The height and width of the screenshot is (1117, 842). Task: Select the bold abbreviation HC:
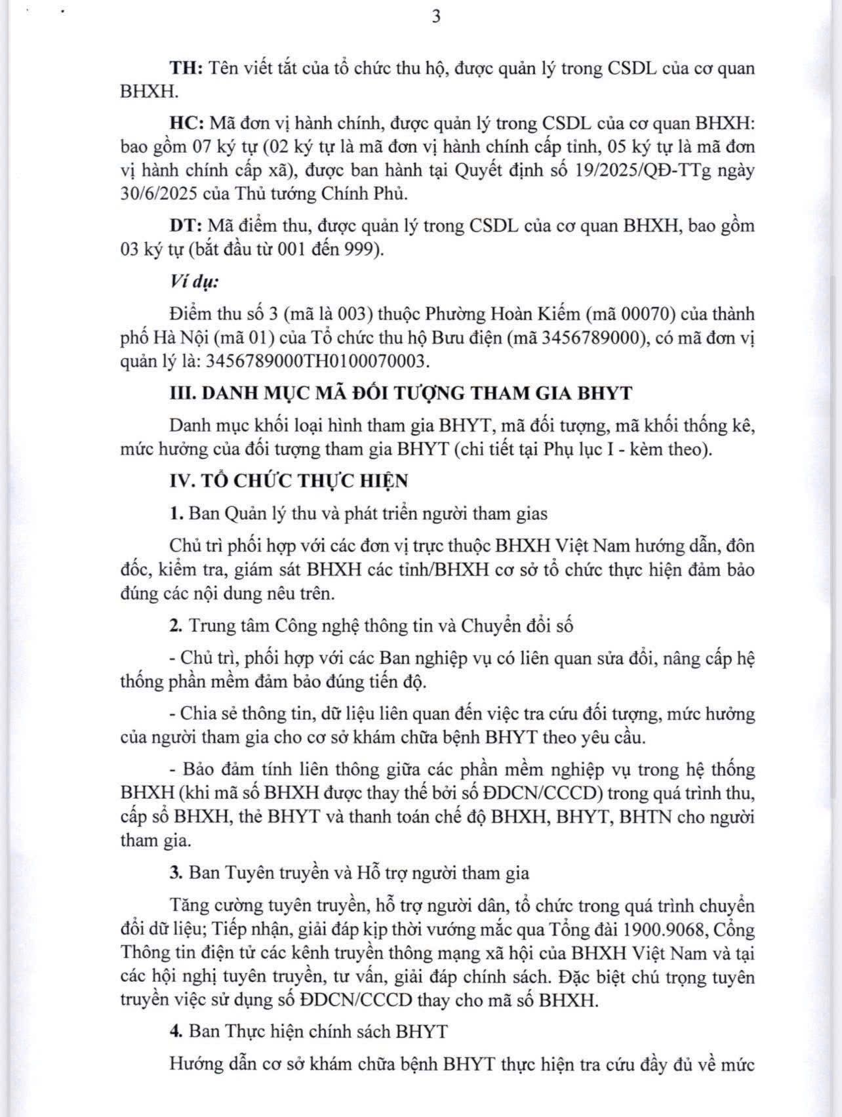pos(188,123)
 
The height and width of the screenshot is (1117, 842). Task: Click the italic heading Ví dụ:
pos(194,282)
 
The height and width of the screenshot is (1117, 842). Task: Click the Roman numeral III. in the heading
pos(183,394)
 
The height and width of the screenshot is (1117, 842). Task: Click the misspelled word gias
pos(532,514)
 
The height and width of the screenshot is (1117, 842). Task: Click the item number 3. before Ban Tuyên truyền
pos(175,874)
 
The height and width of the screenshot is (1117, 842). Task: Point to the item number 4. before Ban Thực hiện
pos(175,1032)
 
